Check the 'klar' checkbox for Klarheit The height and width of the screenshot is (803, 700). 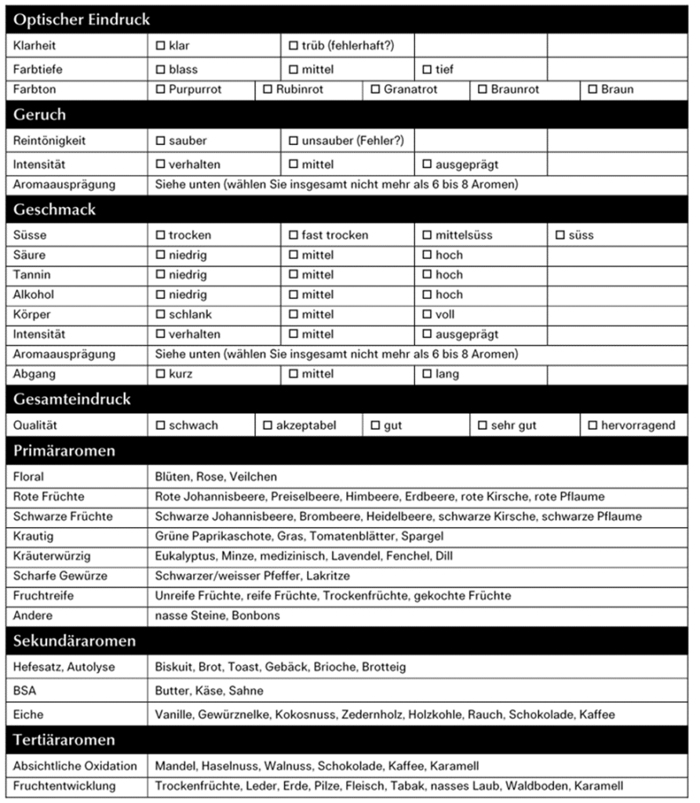161,45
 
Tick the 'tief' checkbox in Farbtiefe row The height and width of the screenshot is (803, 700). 428,69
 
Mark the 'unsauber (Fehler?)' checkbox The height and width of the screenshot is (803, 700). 293,141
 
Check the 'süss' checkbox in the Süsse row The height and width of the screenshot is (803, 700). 560,235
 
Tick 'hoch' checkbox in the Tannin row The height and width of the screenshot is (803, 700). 428,275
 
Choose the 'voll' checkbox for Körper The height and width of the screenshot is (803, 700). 428,314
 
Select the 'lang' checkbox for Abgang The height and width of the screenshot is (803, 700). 428,374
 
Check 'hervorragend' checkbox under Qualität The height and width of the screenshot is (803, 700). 593,425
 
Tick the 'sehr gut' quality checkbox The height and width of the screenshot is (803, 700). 483,425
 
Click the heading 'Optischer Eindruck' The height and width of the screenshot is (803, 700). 82,20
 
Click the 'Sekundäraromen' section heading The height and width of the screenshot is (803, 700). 75,641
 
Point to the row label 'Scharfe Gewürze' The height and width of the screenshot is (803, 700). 60,576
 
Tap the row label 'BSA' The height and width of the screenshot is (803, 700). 25,691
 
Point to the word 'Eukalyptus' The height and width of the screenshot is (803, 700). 186,556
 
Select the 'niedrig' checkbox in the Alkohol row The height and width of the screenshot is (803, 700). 161,295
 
